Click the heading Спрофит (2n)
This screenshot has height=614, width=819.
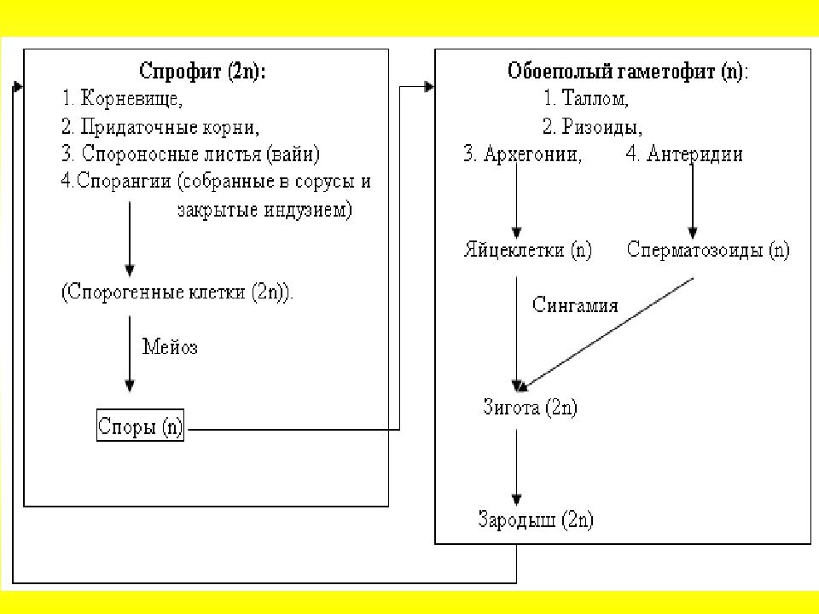click(x=202, y=71)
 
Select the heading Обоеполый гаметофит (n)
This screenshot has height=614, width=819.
click(x=628, y=71)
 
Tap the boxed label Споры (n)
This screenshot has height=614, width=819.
click(x=140, y=426)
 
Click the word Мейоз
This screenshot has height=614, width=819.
click(x=170, y=347)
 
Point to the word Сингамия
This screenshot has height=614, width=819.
click(x=575, y=305)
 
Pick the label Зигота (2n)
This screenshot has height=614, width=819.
click(x=530, y=407)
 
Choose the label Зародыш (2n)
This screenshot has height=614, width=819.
click(x=536, y=519)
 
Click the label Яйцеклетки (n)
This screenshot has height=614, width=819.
click(x=528, y=250)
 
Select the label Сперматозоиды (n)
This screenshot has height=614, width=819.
click(x=708, y=250)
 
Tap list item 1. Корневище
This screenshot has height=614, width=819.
click(x=122, y=98)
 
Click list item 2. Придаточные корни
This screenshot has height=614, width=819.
click(x=160, y=126)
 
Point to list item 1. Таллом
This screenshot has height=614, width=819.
click(x=585, y=98)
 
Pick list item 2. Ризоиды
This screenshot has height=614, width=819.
click(x=592, y=126)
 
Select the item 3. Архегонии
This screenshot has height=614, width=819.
click(x=523, y=154)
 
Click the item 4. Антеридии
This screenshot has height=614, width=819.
click(x=684, y=154)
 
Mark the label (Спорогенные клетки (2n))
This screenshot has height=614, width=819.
click(x=177, y=292)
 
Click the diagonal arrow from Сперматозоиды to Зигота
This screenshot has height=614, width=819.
click(x=607, y=334)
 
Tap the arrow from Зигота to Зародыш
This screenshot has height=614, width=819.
click(x=517, y=466)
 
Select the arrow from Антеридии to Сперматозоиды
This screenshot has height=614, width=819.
click(x=693, y=201)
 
